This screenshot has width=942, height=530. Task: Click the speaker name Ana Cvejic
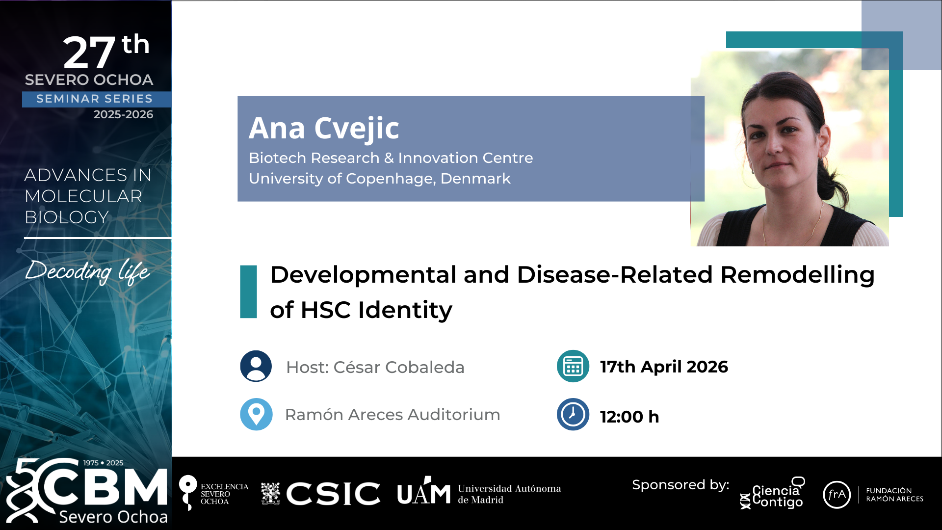(324, 129)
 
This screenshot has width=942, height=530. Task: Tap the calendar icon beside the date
(573, 366)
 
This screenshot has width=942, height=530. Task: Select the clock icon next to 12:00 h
(573, 414)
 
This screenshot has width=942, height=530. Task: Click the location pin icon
(256, 414)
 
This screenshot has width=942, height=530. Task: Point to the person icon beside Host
(256, 366)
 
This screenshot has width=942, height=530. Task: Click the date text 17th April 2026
(664, 367)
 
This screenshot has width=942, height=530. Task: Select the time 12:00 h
(629, 417)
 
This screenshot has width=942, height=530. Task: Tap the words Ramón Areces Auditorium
(392, 415)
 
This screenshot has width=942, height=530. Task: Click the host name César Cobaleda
(399, 367)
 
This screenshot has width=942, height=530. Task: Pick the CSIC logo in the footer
(320, 493)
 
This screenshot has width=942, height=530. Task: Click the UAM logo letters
(424, 491)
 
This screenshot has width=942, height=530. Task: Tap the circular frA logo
(837, 495)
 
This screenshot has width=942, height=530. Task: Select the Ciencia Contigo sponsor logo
(772, 493)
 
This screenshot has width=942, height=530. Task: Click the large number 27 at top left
(89, 53)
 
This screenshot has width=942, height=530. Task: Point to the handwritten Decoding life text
(87, 271)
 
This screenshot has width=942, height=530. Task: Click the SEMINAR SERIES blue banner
(97, 99)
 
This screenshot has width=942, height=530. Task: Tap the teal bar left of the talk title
(248, 292)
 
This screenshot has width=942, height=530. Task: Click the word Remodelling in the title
(797, 274)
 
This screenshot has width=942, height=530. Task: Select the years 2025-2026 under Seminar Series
(123, 114)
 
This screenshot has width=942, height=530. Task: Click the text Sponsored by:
(680, 485)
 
